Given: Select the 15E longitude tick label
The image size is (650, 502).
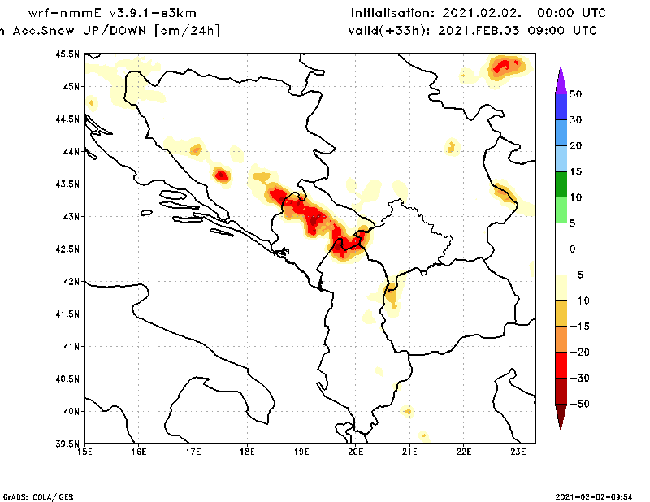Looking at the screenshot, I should point(84,452).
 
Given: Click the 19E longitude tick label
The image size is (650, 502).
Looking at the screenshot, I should point(301,452).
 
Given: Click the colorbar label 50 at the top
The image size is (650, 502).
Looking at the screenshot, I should point(575,94).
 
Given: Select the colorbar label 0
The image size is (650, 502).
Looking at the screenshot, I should point(573,249).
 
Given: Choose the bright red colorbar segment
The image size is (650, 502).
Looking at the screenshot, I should point(560,365).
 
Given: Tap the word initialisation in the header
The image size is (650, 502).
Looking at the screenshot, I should point(392,14).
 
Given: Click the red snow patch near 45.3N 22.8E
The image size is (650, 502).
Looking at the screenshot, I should point(506,65).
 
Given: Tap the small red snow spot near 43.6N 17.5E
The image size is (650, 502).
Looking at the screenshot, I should point(222,175).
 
